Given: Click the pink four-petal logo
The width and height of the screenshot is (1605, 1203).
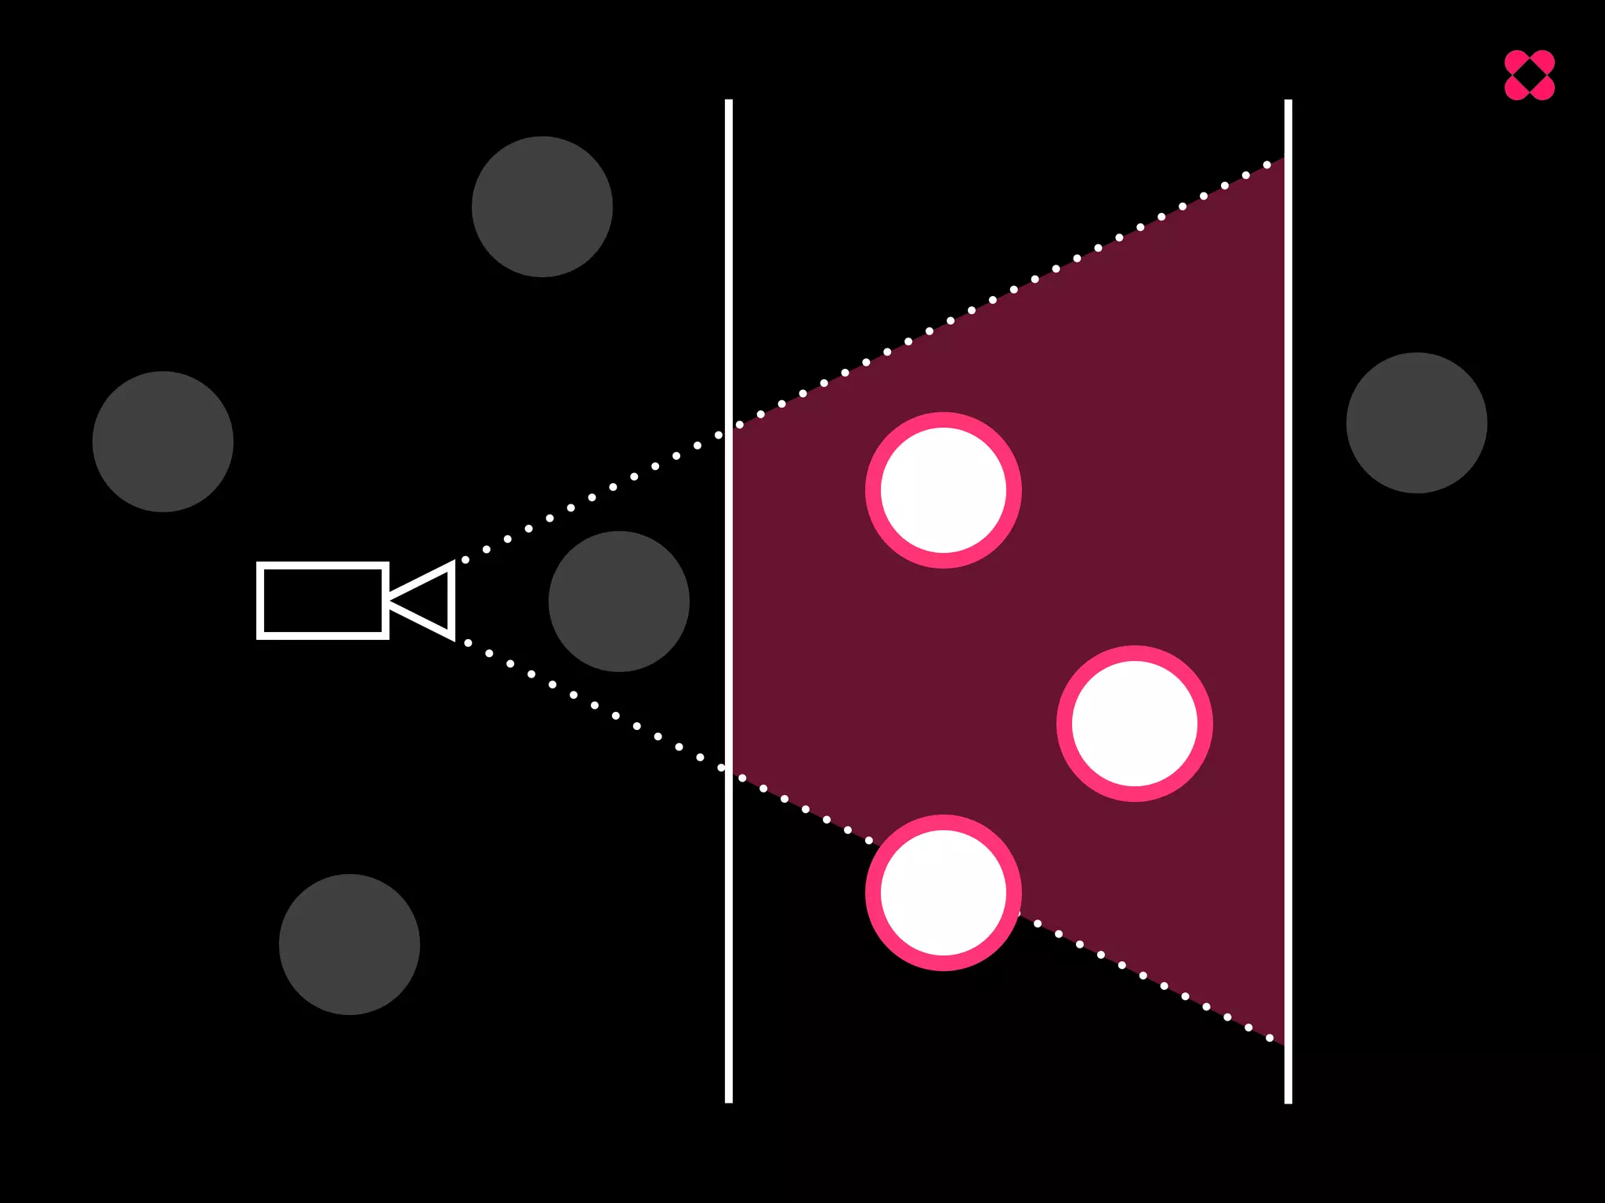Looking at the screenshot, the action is [1529, 75].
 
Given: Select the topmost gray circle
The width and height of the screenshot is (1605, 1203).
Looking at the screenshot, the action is [542, 207].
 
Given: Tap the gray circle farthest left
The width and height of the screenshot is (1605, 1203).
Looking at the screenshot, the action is [163, 442].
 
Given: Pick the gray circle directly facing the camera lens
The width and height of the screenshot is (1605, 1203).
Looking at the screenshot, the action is [618, 601].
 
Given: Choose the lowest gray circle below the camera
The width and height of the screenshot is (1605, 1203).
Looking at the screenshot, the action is [350, 945].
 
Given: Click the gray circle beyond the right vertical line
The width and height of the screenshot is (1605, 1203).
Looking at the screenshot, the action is [1416, 423].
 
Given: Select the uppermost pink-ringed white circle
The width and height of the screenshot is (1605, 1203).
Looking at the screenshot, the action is [943, 490].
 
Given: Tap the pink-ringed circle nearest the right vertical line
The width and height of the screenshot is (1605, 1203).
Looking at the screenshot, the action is [1134, 724].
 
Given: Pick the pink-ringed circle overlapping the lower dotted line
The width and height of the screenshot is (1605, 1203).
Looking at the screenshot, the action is [943, 893].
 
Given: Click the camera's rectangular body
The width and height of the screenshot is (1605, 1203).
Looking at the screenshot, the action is [322, 601].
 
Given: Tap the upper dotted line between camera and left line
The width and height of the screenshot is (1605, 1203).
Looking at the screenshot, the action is [592, 497].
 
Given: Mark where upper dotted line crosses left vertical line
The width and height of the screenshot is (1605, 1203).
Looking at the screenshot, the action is [729, 429].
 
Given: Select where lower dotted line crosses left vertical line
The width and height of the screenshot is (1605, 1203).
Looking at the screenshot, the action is [729, 771].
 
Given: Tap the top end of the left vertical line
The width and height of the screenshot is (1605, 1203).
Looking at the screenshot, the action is [729, 103].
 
